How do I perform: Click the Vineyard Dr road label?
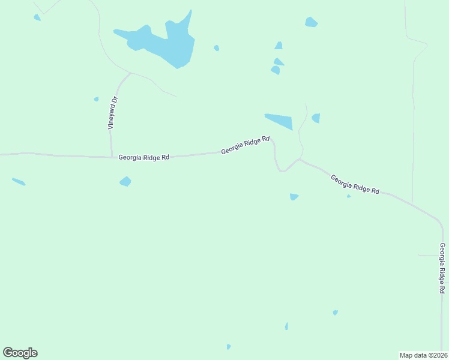[x=112, y=113]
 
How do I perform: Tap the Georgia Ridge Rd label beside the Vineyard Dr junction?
[x=144, y=157]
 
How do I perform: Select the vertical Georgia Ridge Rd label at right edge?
[x=442, y=268]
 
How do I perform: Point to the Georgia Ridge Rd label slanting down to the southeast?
[x=355, y=184]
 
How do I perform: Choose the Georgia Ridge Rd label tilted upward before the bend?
[x=245, y=145]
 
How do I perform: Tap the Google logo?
[x=20, y=353]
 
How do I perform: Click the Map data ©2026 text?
[x=423, y=355]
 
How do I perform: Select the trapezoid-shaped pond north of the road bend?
[x=280, y=120]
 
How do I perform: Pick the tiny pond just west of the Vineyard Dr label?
[x=96, y=99]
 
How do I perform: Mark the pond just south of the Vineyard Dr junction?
[x=125, y=181]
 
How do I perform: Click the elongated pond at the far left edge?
[x=19, y=181]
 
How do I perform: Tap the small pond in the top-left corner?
[x=37, y=17]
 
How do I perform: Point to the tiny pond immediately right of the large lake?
[x=216, y=48]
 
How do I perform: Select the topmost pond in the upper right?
[x=311, y=22]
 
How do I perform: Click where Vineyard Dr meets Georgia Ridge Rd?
[x=112, y=157]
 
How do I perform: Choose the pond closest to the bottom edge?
[x=229, y=347]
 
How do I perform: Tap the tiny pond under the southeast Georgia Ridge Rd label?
[x=349, y=196]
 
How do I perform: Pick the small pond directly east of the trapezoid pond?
[x=316, y=118]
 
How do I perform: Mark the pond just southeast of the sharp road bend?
[x=294, y=197]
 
